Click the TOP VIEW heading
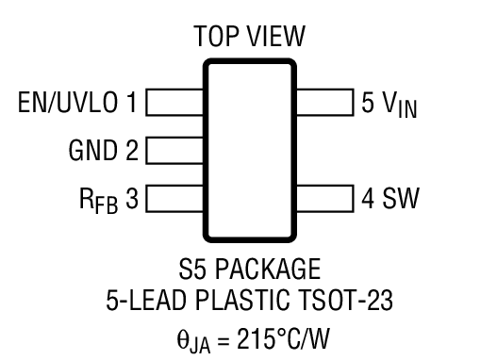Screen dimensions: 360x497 coord(249,38)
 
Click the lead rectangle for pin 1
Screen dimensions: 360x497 coord(174,102)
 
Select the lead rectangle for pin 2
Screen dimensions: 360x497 coord(174,150)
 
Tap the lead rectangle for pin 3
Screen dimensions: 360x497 coord(174,199)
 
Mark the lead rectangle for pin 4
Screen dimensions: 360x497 coord(324,199)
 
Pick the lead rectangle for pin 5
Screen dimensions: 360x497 coord(324,102)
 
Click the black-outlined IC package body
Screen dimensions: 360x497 coord(249,150)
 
